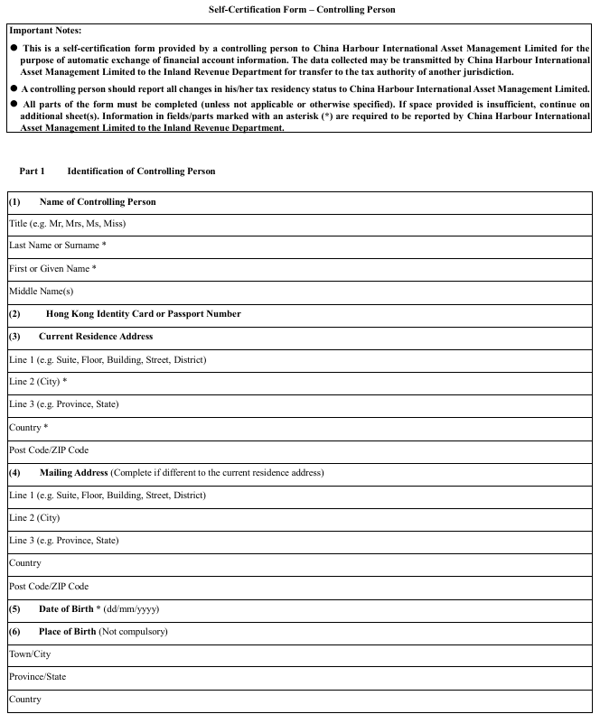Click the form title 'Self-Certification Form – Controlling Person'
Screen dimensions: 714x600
(301, 10)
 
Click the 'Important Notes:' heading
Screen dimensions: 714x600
(45, 31)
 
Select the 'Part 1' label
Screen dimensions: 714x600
(32, 172)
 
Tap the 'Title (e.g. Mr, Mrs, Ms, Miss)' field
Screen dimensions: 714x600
(298, 223)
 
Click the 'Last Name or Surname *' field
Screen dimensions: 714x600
(298, 246)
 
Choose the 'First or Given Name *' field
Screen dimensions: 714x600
(298, 268)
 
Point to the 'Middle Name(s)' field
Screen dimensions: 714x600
(298, 291)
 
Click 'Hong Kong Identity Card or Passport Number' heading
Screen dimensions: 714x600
(143, 314)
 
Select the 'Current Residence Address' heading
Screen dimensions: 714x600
(96, 337)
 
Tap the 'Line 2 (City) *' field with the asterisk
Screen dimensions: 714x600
(298, 382)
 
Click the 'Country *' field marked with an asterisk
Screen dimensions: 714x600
(298, 427)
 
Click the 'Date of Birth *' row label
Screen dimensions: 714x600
(70, 609)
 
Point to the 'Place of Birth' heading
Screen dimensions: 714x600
(67, 632)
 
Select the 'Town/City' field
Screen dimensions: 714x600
(298, 654)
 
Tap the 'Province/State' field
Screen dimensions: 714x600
(298, 677)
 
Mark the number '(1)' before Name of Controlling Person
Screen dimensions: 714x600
(14, 201)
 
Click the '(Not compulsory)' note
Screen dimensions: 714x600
(133, 632)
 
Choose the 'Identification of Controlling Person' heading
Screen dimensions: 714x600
(141, 172)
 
